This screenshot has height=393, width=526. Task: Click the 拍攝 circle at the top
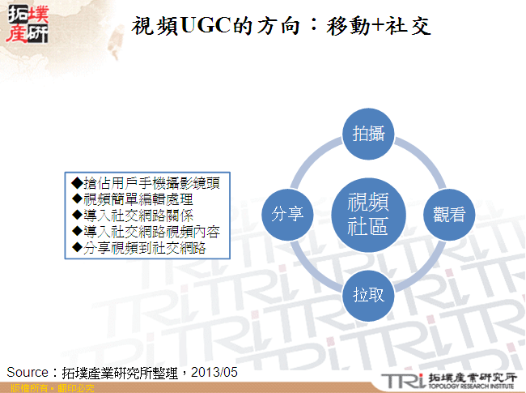(x=368, y=133)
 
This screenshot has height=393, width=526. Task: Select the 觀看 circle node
(x=448, y=214)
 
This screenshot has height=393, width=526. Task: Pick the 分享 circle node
(x=287, y=214)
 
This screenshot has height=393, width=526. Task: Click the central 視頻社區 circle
(x=368, y=214)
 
